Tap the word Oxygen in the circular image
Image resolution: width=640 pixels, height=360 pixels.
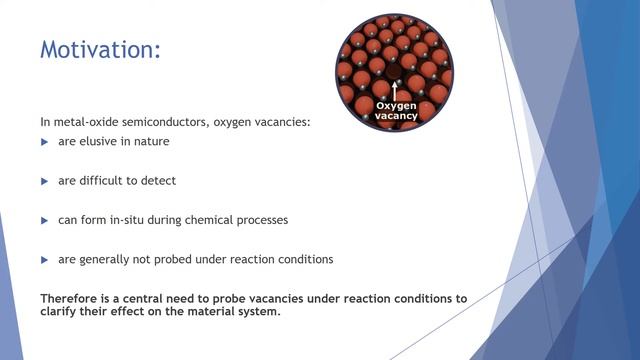[394, 105]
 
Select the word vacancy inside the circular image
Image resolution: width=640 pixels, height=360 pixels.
[394, 116]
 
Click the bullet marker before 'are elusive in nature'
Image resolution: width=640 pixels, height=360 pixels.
[44, 142]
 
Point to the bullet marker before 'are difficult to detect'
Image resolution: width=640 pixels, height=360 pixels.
[44, 181]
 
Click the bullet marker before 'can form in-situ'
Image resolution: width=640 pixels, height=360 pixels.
[44, 220]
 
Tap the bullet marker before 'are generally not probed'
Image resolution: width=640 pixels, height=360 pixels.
[44, 259]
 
